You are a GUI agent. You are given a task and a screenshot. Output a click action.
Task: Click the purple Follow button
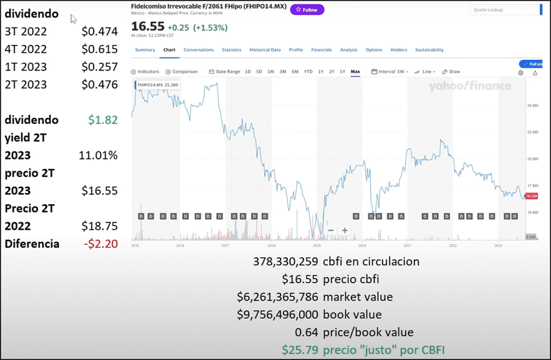pos(307,10)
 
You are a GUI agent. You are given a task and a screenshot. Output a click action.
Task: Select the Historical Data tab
pos(265,50)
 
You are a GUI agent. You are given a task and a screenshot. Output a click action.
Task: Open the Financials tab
pos(321,50)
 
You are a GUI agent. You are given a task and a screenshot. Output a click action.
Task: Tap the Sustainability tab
pos(429,50)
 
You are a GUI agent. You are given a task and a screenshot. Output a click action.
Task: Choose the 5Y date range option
pos(342,72)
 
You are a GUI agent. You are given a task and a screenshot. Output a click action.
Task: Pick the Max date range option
pos(355,72)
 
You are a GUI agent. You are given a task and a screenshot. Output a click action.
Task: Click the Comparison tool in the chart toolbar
pos(182,72)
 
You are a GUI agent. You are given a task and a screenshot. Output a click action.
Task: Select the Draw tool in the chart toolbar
pos(452,72)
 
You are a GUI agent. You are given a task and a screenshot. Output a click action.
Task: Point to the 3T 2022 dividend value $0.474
pos(100,32)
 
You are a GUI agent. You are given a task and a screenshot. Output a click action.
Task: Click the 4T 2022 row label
pos(26,49)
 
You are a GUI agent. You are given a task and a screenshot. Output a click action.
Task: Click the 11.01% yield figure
pos(98,155)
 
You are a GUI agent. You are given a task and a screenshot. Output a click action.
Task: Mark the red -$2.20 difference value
pos(100,244)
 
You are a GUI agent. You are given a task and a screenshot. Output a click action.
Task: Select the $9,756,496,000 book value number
pos(277,315)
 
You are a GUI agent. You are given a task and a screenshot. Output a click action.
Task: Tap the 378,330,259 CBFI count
pos(287,262)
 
